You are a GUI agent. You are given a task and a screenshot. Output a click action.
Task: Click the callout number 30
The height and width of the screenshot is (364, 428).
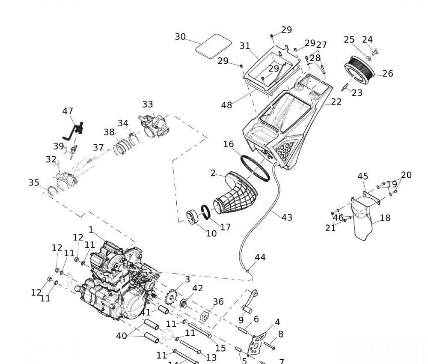click(180, 37)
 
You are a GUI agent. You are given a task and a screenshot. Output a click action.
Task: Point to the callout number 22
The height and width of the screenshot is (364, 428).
click(336, 101)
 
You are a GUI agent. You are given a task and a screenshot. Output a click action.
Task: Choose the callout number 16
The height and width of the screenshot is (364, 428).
click(229, 144)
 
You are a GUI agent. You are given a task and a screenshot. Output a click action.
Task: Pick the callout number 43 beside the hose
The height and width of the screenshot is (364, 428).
click(287, 218)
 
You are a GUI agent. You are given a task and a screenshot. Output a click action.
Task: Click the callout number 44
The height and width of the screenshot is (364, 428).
click(260, 257)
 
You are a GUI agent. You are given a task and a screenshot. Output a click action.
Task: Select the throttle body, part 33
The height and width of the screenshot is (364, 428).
click(154, 125)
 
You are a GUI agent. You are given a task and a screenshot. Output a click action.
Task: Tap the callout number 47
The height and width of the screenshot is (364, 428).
click(68, 111)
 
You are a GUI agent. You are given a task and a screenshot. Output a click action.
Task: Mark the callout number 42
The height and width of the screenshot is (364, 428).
click(197, 289)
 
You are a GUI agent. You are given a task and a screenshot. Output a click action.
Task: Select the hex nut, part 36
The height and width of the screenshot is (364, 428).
click(205, 316)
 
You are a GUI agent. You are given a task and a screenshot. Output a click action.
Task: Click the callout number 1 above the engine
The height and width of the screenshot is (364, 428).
click(91, 230)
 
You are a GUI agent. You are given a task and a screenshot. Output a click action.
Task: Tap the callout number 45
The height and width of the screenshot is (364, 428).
click(363, 176)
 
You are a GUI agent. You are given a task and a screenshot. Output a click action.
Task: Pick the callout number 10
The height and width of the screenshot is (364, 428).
click(211, 233)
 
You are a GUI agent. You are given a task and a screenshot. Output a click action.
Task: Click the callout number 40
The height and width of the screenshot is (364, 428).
click(122, 336)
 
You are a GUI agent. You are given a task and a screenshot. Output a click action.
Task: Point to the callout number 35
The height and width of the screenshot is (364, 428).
click(34, 183)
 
